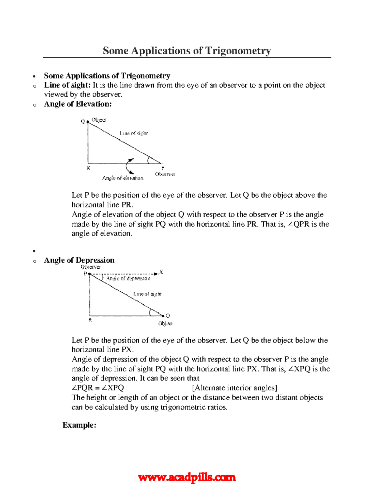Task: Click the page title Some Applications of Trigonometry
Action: (187, 50)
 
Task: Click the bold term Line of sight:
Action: (67, 85)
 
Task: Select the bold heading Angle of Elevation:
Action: (78, 104)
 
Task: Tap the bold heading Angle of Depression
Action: (79, 260)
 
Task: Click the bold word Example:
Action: (79, 425)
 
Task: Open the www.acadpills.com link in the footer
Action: (187, 477)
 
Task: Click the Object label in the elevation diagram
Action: (99, 120)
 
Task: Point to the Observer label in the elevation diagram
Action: (165, 174)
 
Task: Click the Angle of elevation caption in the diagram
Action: (123, 178)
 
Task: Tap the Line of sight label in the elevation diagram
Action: (134, 133)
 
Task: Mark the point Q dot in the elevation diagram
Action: (88, 122)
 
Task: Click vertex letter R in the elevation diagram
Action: (89, 168)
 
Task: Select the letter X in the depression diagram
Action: (161, 272)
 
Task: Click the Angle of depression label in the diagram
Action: (128, 278)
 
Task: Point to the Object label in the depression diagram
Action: (165, 323)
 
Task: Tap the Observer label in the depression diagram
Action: (91, 267)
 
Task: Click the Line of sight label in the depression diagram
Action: (147, 294)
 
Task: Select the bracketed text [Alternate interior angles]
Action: (234, 388)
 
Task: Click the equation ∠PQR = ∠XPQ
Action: (98, 388)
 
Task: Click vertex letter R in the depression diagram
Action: (90, 320)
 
